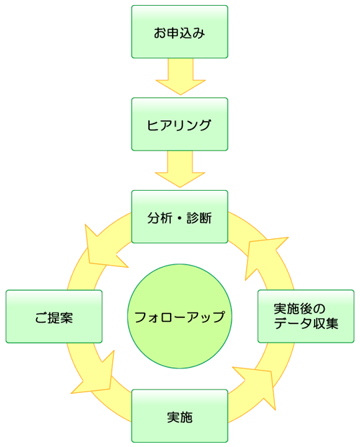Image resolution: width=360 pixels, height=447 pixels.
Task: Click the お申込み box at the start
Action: (179, 32)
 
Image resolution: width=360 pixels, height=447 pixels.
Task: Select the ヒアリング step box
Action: (179, 125)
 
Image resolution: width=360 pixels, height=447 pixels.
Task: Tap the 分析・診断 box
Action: (179, 217)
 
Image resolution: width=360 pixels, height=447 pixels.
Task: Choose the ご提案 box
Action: (54, 317)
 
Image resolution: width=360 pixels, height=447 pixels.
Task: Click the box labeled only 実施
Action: (179, 416)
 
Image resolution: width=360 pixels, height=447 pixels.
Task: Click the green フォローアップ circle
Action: (179, 317)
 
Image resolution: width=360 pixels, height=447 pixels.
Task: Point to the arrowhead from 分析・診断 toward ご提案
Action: (99, 245)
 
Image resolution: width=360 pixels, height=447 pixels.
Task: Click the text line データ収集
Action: (306, 324)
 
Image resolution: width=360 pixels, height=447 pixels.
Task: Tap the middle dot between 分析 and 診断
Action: (179, 217)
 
